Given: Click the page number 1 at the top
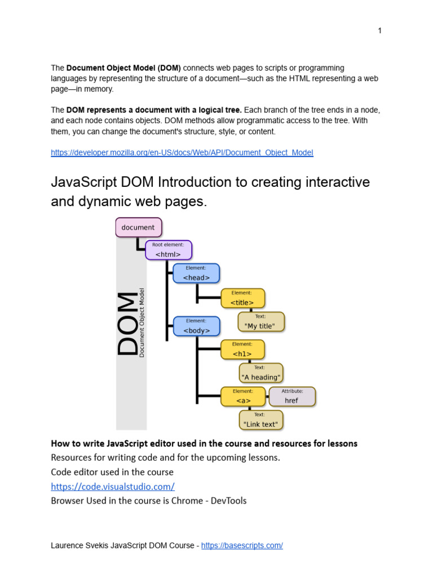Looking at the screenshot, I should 380,30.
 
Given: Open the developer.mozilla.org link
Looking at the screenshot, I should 182,152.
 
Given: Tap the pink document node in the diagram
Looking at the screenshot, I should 139,227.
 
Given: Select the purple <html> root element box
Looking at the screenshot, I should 169,250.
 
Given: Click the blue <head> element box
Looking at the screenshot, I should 196,273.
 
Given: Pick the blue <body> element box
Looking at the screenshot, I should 196,326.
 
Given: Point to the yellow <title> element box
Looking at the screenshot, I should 242,299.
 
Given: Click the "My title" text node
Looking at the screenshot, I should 261,322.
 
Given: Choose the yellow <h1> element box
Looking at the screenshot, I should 242,349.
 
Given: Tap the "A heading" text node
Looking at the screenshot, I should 260,373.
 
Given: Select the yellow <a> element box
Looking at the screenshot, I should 243,396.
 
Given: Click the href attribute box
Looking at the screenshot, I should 291,396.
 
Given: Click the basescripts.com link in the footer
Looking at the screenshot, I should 242,545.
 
